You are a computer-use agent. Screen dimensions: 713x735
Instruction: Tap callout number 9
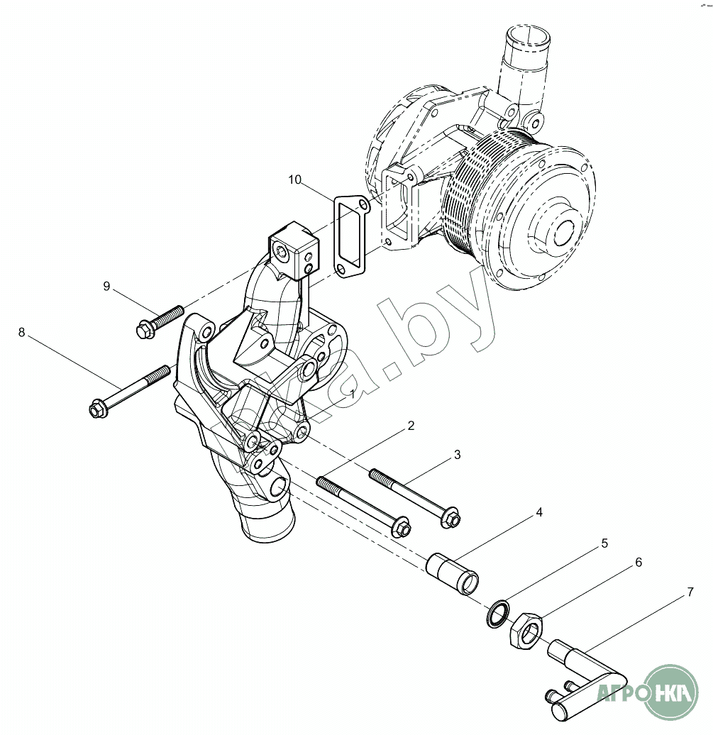click(x=106, y=286)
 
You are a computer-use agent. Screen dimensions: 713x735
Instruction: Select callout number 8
click(x=21, y=332)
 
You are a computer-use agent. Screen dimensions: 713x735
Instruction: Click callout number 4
click(x=539, y=512)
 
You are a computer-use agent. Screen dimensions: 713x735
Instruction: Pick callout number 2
click(x=410, y=426)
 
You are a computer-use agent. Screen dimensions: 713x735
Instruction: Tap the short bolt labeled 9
click(x=159, y=321)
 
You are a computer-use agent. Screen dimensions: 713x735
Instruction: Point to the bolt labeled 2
click(x=361, y=505)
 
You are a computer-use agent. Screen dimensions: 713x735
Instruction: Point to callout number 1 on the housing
click(x=353, y=392)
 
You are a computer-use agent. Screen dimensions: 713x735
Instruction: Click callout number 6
click(x=638, y=562)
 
